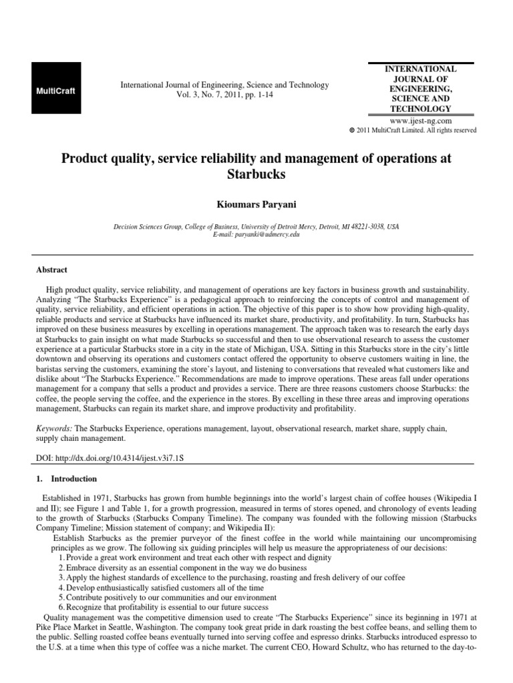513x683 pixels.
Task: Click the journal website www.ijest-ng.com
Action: click(x=421, y=121)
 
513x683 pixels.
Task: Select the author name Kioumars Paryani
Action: click(x=256, y=201)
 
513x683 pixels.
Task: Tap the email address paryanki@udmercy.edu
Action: click(x=256, y=235)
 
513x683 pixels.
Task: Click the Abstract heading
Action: click(x=51, y=270)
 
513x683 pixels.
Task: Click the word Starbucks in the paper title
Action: click(x=256, y=175)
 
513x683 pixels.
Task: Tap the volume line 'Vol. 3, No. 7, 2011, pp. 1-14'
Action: click(x=224, y=95)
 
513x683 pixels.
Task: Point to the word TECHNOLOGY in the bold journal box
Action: click(x=421, y=109)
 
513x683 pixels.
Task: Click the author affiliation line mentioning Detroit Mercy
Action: click(x=256, y=227)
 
